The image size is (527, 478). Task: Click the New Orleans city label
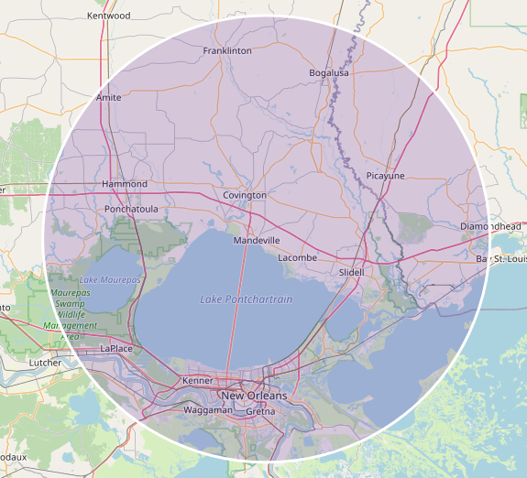click(254, 396)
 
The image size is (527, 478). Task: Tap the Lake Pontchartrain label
click(247, 299)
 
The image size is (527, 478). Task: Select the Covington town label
click(245, 195)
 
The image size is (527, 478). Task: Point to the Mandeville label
click(257, 240)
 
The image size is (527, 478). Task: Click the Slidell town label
click(351, 272)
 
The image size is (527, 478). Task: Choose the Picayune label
click(385, 175)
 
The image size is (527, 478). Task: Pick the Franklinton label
click(227, 51)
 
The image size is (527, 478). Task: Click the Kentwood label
click(108, 16)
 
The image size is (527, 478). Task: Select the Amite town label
click(109, 98)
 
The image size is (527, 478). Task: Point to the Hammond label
click(125, 184)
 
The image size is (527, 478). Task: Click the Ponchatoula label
click(132, 209)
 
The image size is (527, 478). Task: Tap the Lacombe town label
click(297, 258)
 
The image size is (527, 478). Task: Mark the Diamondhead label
click(490, 226)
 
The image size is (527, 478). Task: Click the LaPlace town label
click(116, 349)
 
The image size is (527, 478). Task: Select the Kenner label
click(198, 380)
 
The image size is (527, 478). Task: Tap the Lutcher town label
click(46, 363)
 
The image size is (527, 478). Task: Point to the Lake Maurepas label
click(110, 279)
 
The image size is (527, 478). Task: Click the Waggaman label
click(208, 411)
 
